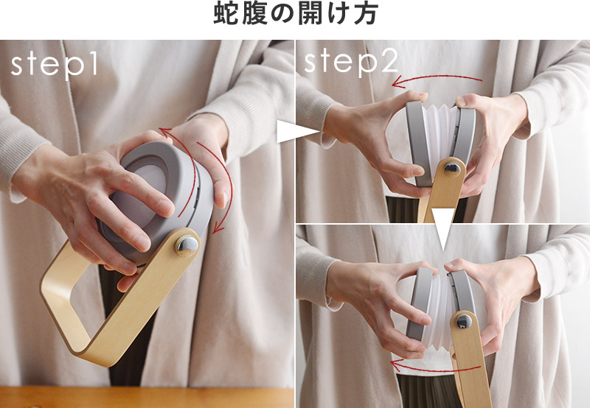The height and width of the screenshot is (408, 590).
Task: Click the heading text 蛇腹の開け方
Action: pyautogui.click(x=296, y=15)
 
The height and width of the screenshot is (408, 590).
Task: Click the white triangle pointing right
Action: pyautogui.click(x=297, y=132)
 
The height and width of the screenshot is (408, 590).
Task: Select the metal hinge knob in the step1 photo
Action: pyautogui.click(x=187, y=245)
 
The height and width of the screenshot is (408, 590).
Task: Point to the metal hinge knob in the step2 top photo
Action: pyautogui.click(x=452, y=169)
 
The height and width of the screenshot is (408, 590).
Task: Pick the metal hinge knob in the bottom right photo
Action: pyautogui.click(x=464, y=321)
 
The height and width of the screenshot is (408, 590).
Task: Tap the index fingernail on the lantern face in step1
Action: pyautogui.click(x=164, y=208)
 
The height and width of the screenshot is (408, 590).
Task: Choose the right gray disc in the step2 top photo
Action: pyautogui.click(x=464, y=136)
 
